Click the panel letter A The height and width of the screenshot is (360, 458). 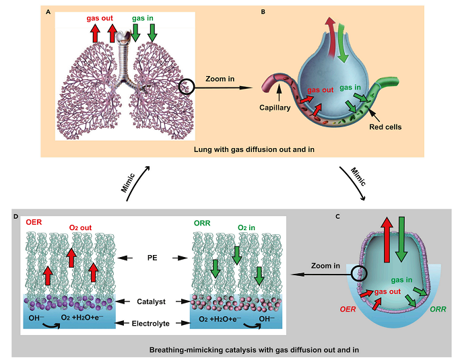48,11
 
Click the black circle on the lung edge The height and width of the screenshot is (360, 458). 189,86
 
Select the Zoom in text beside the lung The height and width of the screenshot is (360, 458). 222,79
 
